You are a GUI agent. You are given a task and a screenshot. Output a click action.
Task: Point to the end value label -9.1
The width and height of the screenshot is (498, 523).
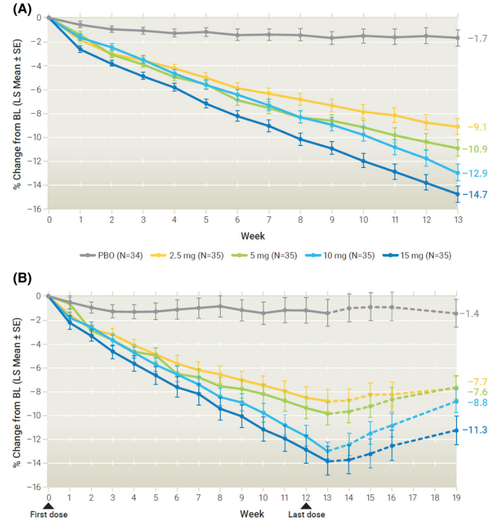pyautogui.click(x=476, y=128)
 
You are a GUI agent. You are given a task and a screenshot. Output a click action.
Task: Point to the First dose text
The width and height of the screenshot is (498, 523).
pyautogui.click(x=49, y=514)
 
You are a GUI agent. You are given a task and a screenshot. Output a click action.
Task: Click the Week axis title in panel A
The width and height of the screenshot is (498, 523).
pyautogui.click(x=253, y=235)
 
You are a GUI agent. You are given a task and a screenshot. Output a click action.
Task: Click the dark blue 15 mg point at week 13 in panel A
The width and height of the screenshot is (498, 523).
pyautogui.click(x=457, y=194)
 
